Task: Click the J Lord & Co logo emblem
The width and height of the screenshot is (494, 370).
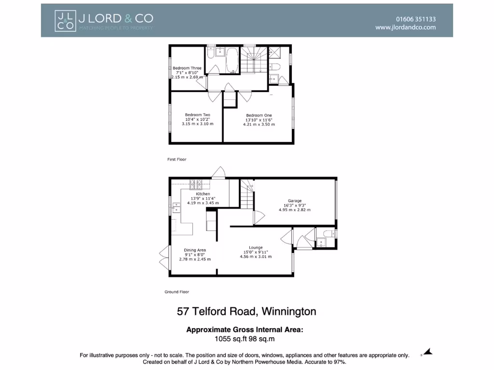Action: click(65, 21)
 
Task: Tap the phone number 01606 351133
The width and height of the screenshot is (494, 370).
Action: click(415, 19)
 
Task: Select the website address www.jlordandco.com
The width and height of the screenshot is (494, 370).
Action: click(405, 27)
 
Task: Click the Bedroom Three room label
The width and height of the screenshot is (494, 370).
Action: click(187, 68)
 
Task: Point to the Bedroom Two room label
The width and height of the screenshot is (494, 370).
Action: click(197, 115)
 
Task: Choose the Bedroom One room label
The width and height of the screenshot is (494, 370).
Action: click(259, 115)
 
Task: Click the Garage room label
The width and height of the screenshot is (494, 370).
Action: click(295, 200)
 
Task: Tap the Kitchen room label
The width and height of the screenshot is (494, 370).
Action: click(203, 194)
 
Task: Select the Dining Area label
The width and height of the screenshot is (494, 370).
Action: click(195, 250)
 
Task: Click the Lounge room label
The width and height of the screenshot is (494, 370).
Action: click(256, 248)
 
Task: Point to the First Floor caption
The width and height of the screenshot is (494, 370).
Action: click(177, 159)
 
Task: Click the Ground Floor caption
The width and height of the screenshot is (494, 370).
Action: click(177, 292)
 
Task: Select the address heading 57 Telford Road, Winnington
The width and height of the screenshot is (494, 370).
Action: click(247, 312)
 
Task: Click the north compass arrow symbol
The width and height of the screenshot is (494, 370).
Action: click(427, 353)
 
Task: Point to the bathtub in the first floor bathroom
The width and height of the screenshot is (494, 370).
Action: click(232, 59)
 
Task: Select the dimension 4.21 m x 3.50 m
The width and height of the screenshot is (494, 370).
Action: click(259, 124)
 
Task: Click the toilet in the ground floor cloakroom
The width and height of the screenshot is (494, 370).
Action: click(328, 234)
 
